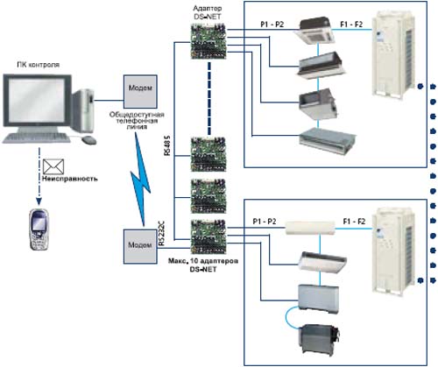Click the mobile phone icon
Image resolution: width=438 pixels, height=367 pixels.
click(x=39, y=229)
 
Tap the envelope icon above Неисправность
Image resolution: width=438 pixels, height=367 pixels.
click(x=53, y=166)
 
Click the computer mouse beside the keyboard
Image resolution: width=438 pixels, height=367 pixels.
click(x=89, y=140)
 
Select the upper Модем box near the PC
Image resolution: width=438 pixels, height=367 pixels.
click(x=140, y=91)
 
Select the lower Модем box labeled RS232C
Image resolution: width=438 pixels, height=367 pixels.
click(x=140, y=246)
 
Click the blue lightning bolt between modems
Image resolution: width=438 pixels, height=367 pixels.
click(x=141, y=179)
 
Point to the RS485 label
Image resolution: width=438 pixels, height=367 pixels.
click(x=167, y=145)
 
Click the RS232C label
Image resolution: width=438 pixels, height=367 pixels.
click(x=161, y=234)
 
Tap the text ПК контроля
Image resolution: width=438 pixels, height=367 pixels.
click(x=38, y=65)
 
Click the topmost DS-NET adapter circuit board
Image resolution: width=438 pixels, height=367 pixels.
click(x=208, y=42)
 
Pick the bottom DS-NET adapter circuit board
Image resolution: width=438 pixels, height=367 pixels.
click(x=208, y=236)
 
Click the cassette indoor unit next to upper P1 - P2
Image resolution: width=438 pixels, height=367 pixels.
click(x=314, y=31)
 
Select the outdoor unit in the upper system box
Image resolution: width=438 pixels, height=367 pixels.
click(x=393, y=53)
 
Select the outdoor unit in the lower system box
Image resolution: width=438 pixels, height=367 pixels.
click(x=393, y=251)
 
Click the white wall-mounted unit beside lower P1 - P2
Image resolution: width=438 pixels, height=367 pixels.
click(x=310, y=228)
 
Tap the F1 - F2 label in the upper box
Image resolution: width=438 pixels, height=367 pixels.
click(x=351, y=25)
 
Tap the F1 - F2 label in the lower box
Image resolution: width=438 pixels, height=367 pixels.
click(x=354, y=222)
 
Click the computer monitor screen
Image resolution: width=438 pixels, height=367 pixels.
click(x=37, y=100)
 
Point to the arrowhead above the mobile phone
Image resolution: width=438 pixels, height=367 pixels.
click(x=39, y=201)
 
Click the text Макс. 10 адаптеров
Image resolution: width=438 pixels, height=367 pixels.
click(x=203, y=261)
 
